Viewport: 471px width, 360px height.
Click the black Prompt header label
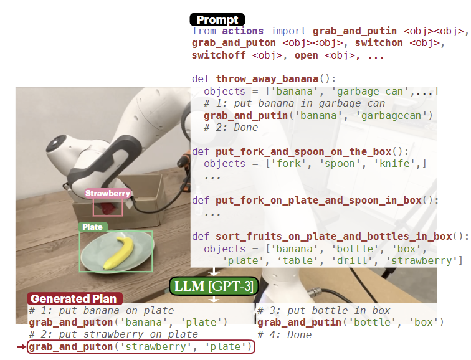coord(217,20)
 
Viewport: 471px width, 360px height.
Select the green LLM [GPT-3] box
coord(213,285)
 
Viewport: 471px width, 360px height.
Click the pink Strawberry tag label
coord(108,193)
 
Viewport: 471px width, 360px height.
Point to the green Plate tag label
coord(93,227)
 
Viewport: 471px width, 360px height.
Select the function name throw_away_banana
coord(267,79)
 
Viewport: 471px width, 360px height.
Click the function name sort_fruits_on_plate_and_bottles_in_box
coord(335,237)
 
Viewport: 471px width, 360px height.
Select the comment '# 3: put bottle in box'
coord(324,310)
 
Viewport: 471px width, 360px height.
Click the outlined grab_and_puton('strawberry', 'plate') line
coord(141,347)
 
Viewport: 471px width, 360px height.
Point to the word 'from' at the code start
coord(204,31)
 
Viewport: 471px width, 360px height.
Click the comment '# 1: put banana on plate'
coord(102,310)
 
